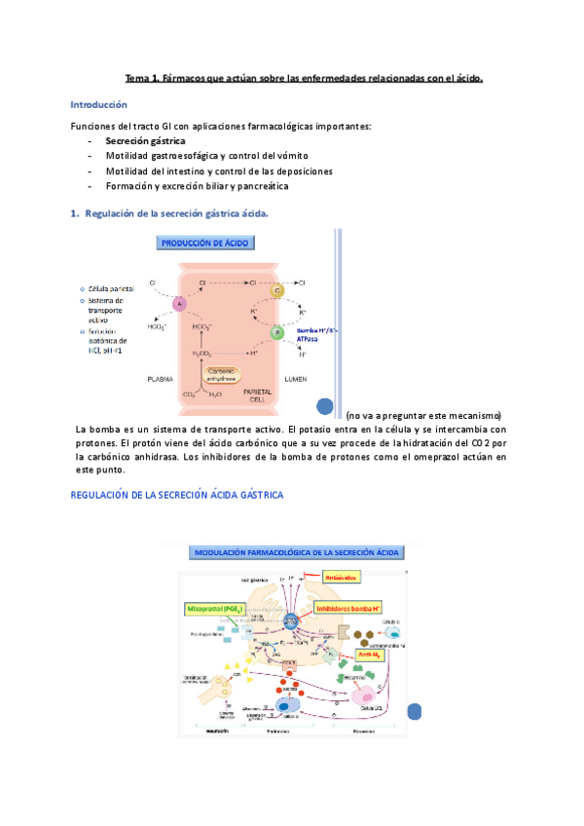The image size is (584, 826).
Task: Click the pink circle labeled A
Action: pos(179,304)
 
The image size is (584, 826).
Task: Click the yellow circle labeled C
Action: pos(276,291)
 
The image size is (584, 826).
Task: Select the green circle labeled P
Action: pos(276,332)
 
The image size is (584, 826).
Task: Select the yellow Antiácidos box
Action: pos(342,577)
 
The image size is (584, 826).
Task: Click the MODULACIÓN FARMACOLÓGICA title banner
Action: pos(299,551)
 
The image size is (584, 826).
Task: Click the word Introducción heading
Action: pos(99,104)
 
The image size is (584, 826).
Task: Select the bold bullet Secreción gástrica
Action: pos(145,141)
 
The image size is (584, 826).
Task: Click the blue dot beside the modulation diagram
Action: pos(415,712)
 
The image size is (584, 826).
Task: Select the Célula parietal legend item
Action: pos(111,288)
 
